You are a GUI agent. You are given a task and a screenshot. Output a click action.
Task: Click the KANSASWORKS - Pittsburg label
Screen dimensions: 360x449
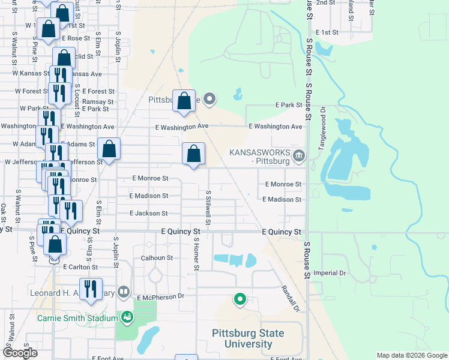259,157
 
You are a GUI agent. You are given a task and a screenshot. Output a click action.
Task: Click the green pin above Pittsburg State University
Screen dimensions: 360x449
240,299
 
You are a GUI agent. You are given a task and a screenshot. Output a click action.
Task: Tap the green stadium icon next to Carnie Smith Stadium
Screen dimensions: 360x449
127,317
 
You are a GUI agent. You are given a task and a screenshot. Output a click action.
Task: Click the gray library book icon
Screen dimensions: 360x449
124,292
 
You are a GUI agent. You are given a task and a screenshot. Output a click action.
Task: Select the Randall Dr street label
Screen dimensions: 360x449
290,298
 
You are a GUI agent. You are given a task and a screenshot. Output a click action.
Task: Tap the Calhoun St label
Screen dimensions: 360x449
157,258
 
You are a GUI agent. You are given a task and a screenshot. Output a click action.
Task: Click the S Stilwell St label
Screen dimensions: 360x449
208,208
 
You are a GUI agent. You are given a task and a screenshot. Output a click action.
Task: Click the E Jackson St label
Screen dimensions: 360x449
148,214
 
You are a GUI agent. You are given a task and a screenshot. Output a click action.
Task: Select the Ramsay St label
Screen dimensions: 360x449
98,102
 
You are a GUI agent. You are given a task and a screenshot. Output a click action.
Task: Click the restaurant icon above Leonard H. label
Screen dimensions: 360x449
91,288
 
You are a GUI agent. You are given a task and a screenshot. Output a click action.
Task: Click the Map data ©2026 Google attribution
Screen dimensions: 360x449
411,355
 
